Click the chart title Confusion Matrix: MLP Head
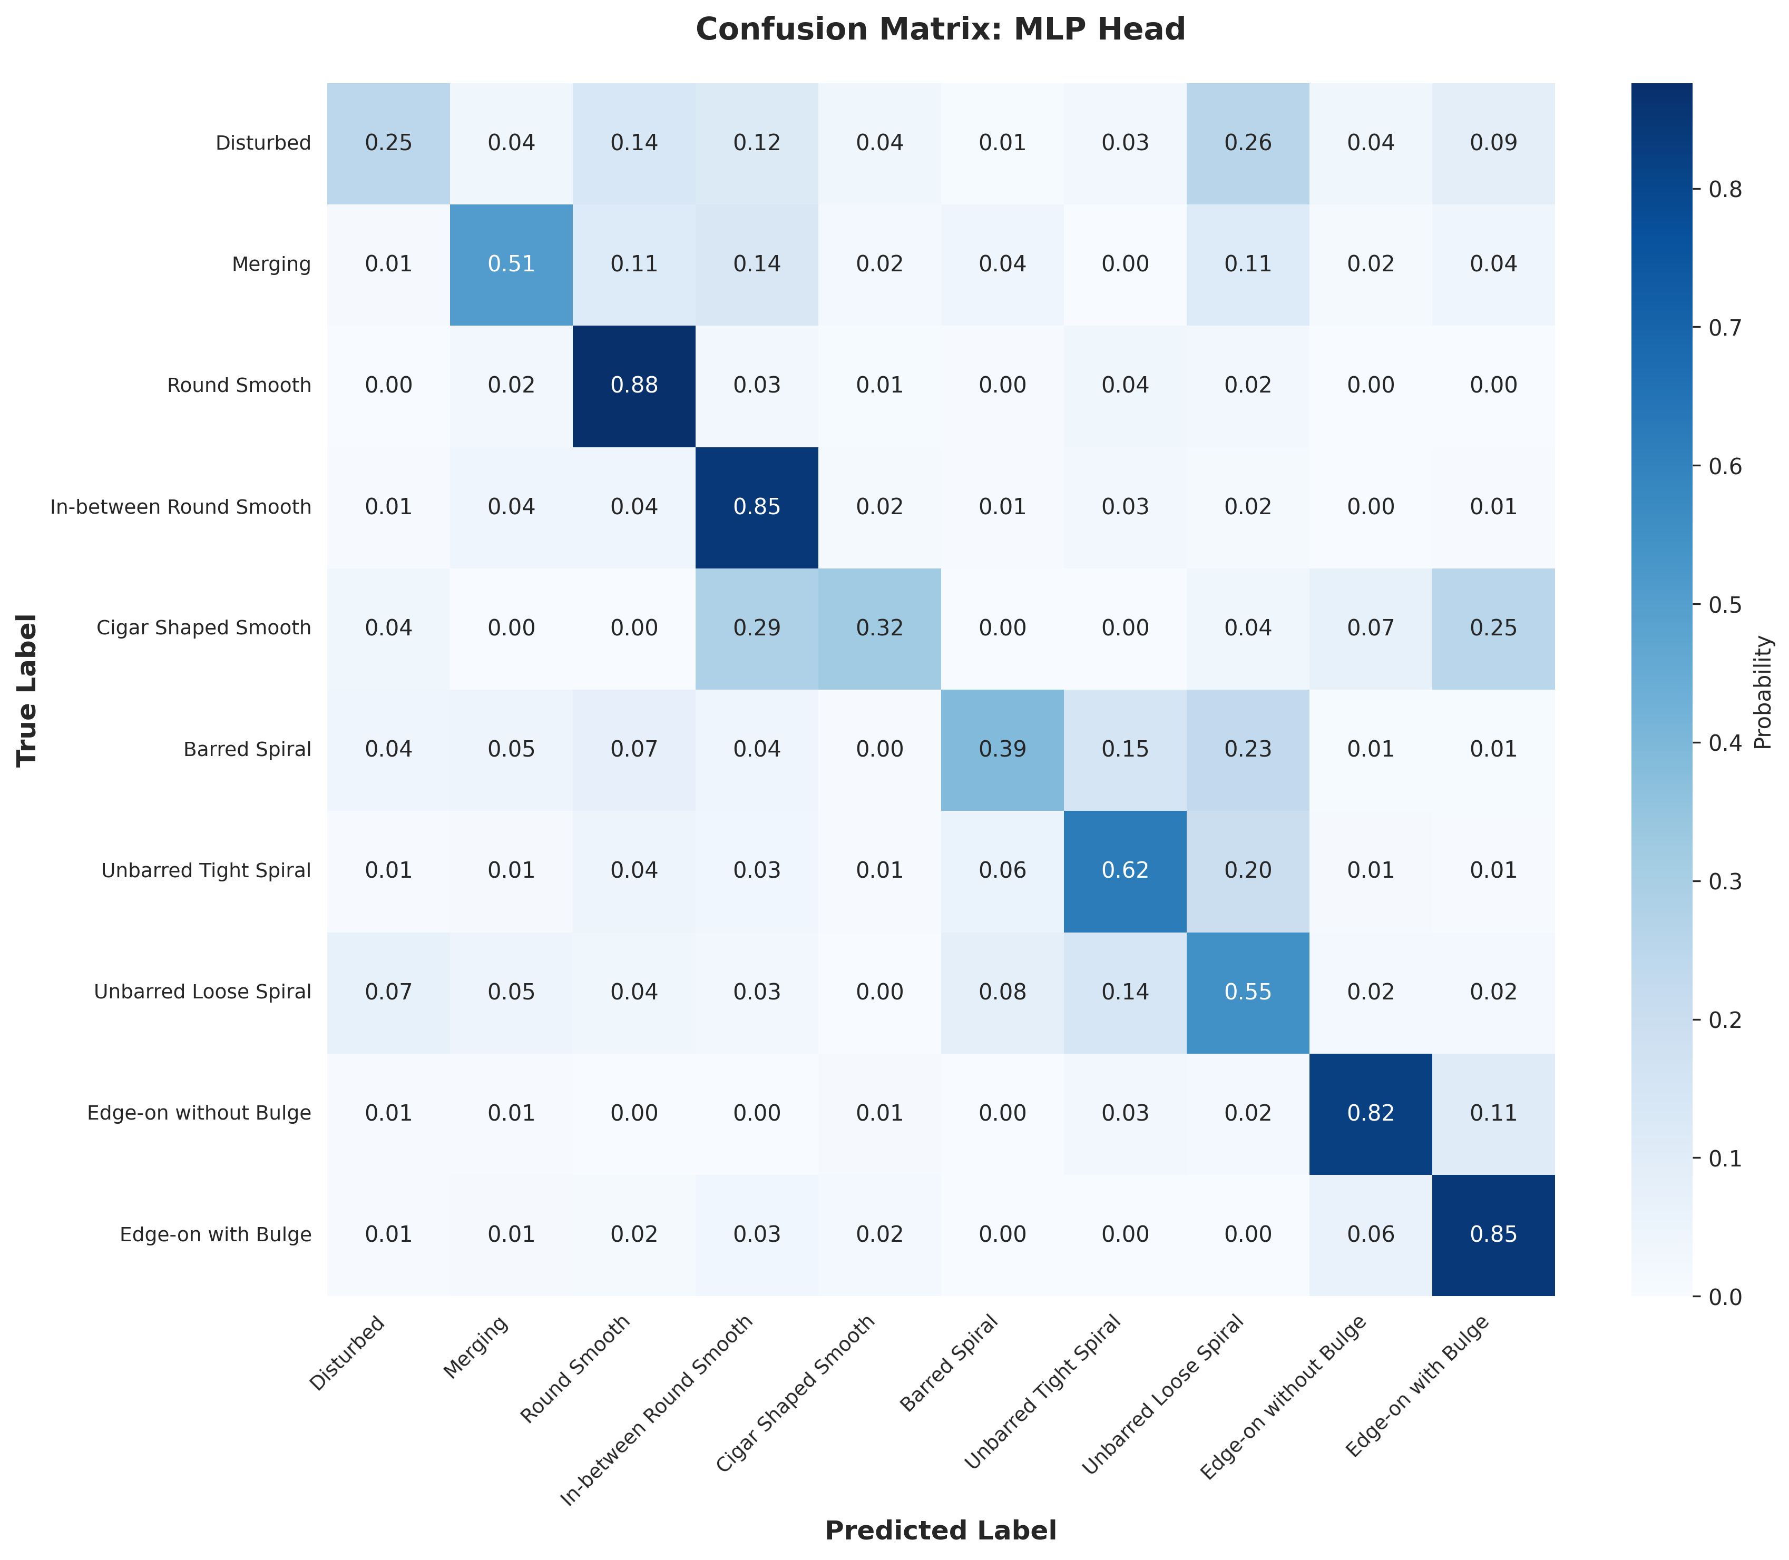point(940,30)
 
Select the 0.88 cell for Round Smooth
point(634,386)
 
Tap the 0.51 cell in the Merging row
point(511,264)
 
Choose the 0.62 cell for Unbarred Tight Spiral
point(1125,870)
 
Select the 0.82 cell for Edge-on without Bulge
point(1370,1113)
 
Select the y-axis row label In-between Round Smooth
point(180,507)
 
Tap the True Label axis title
point(28,690)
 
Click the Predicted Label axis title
point(940,1530)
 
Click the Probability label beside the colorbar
point(1763,692)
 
